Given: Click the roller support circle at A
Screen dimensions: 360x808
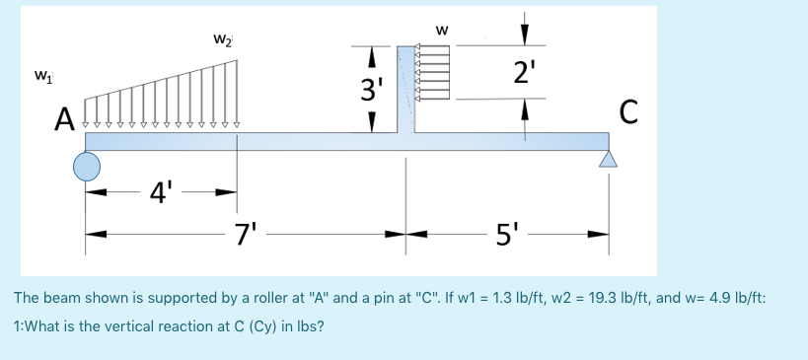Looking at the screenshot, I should pos(87,166).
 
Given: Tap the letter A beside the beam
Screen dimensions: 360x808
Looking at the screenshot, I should pos(64,120).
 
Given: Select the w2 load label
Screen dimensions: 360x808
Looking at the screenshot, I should pos(222,38).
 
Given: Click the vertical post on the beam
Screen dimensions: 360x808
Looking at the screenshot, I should pos(405,89).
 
